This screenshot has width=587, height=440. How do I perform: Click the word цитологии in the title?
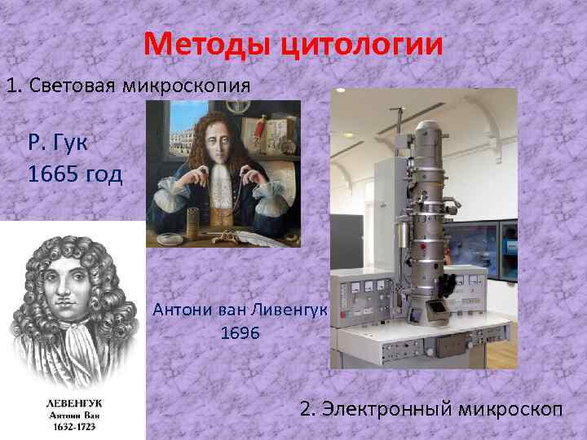click(x=364, y=44)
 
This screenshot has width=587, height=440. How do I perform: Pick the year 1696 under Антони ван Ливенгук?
click(x=241, y=334)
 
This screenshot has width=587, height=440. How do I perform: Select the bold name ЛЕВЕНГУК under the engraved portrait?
click(x=73, y=403)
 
